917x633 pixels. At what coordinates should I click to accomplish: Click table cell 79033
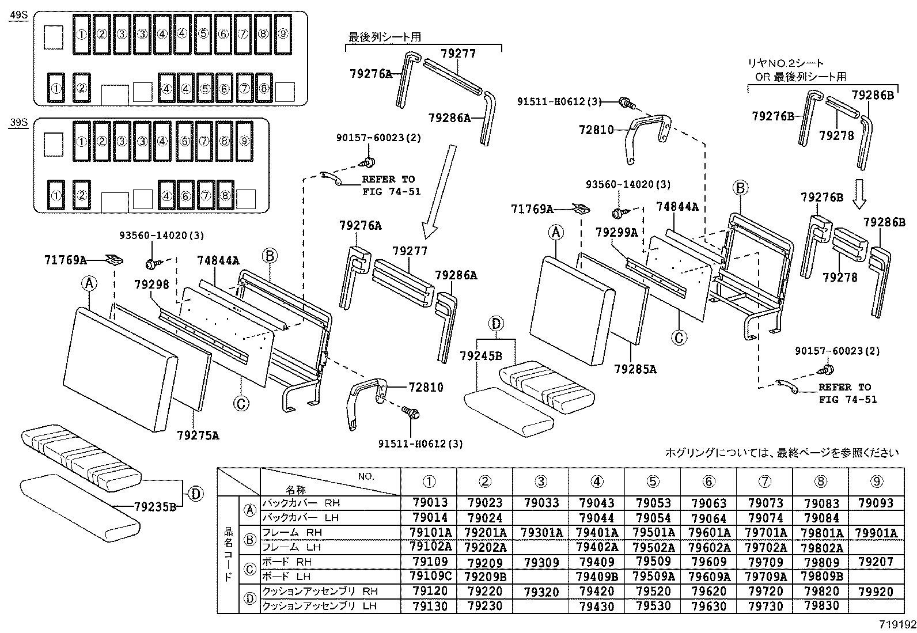click(x=541, y=503)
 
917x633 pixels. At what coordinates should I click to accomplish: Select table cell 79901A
click(x=876, y=533)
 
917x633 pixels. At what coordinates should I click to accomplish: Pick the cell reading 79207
click(x=876, y=562)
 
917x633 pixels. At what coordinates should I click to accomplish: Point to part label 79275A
click(x=198, y=435)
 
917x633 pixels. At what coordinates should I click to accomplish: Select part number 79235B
click(x=154, y=507)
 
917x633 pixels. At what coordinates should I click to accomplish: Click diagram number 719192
click(x=896, y=624)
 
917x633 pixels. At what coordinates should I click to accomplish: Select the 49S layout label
click(x=18, y=16)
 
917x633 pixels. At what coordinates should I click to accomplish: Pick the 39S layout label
click(x=18, y=123)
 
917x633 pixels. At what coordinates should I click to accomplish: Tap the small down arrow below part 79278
click(x=859, y=194)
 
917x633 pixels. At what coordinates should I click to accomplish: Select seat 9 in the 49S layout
click(x=282, y=34)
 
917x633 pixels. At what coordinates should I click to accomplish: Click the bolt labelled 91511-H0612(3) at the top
click(x=626, y=103)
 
